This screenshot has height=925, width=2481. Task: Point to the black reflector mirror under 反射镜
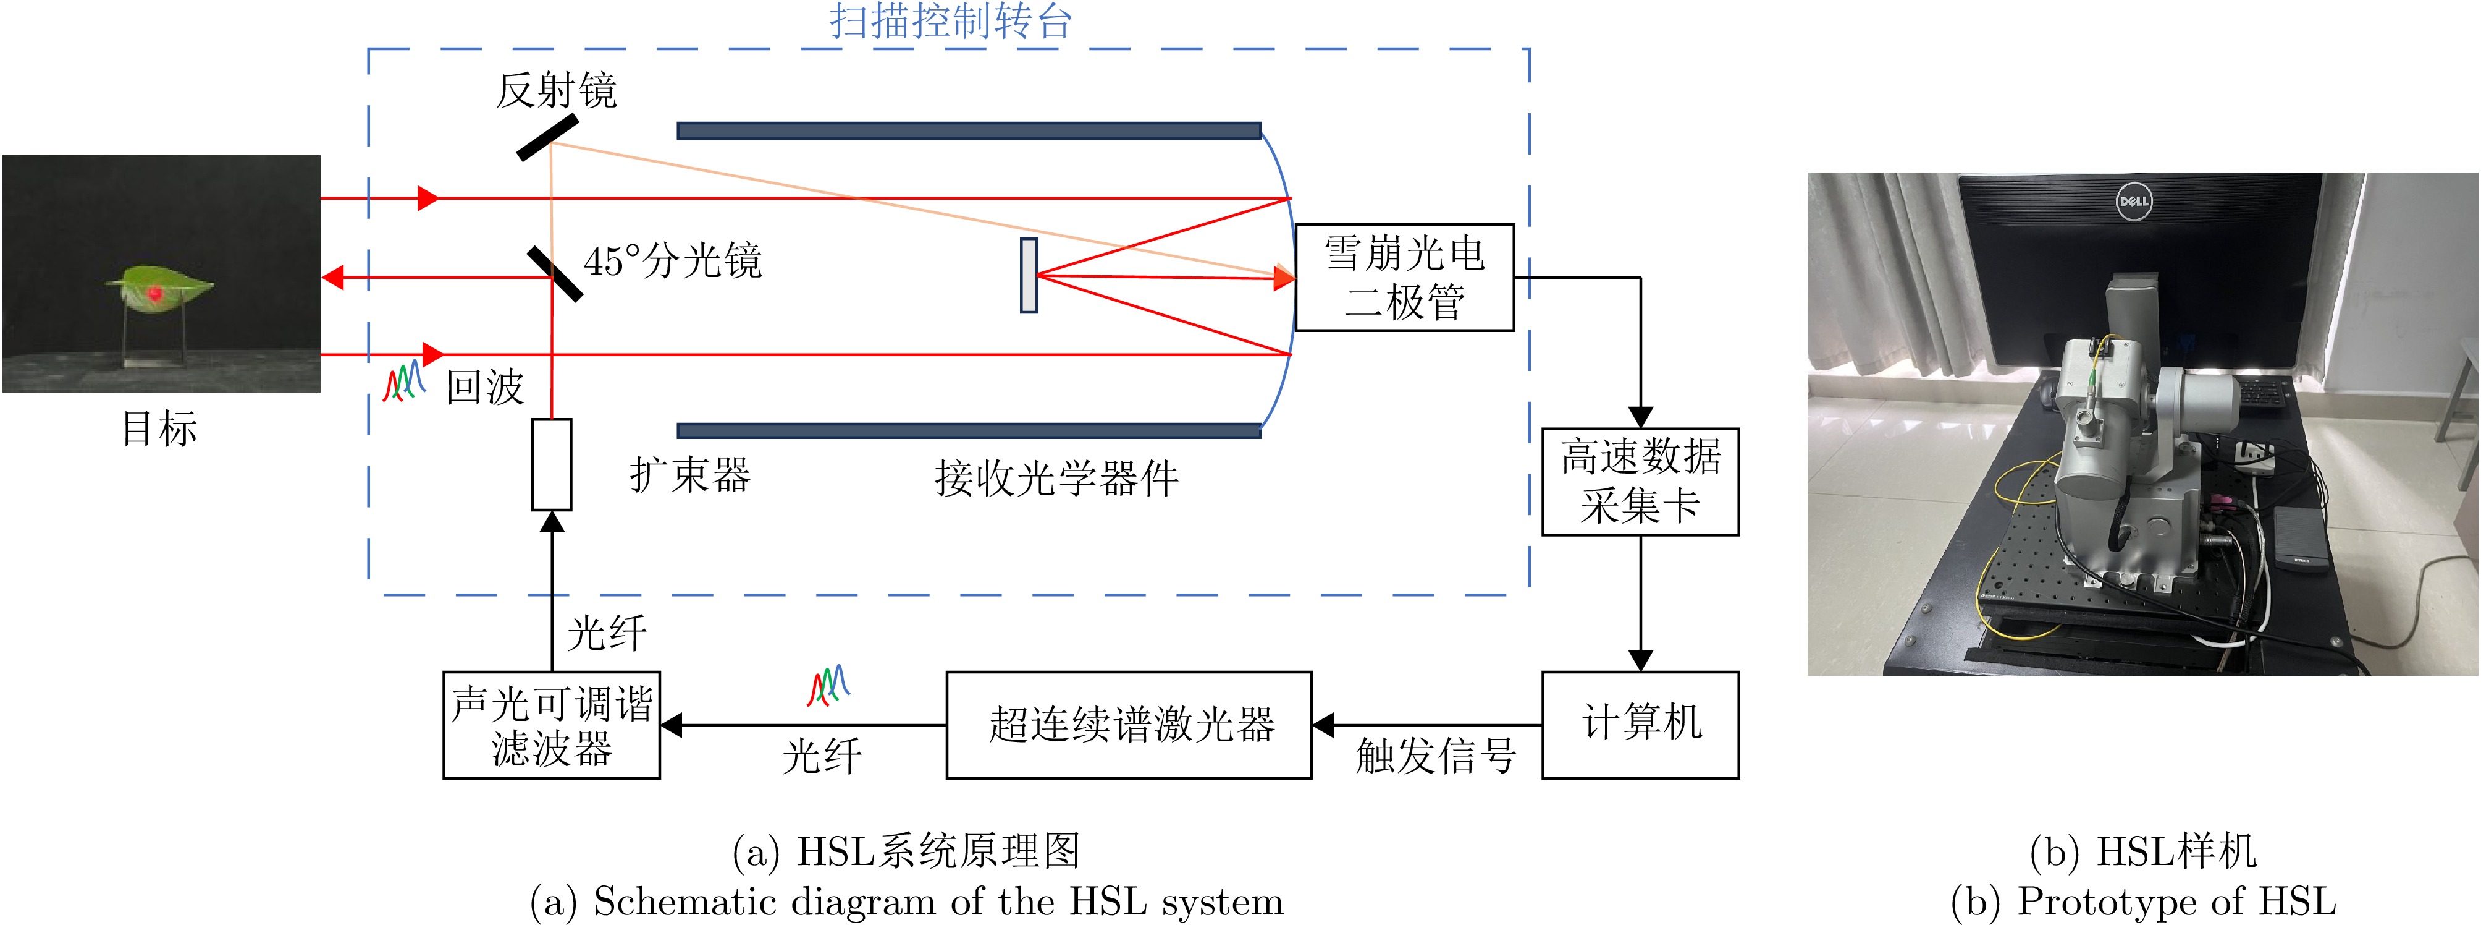[x=548, y=137]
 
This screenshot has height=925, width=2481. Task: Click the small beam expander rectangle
[x=552, y=464]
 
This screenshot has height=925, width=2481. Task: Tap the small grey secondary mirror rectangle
[x=1029, y=276]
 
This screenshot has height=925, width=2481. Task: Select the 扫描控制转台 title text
[x=951, y=21]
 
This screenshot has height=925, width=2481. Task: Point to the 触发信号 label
[x=1435, y=756]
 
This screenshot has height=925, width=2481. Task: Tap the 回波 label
[x=484, y=387]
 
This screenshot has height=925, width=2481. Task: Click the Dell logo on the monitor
[x=2133, y=202]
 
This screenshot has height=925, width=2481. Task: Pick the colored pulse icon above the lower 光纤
[x=828, y=685]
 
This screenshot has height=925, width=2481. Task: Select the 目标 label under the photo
[x=160, y=428]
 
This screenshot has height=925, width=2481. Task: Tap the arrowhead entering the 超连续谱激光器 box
[x=1323, y=725]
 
